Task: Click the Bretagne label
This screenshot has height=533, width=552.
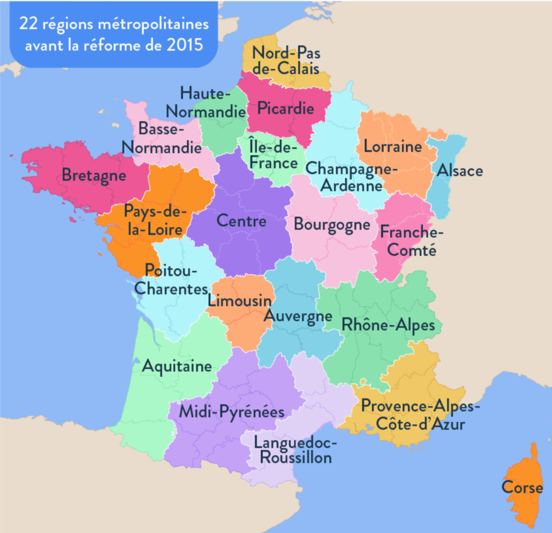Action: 94,176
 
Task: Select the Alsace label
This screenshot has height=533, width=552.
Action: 460,171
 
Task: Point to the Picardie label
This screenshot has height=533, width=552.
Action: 286,108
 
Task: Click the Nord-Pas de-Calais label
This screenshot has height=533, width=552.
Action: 286,61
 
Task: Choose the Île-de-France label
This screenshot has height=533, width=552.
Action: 273,155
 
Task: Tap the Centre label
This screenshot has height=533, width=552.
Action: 241,221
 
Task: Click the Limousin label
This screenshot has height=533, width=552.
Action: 239,300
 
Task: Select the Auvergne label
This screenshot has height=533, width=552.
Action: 298,316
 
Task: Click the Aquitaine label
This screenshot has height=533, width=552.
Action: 177,366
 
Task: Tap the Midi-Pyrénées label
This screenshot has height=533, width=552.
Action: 231,412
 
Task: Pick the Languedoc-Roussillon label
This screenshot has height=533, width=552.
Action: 296,450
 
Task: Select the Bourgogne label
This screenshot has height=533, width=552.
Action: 332,225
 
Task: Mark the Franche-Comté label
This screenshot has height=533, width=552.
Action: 412,241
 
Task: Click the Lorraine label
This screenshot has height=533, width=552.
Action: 393,147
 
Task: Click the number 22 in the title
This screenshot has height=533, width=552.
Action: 28,24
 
